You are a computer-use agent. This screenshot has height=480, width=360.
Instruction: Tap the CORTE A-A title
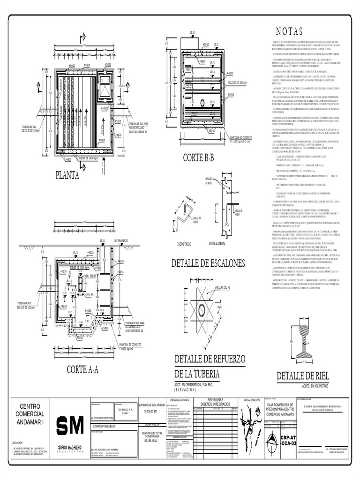coord(82,369)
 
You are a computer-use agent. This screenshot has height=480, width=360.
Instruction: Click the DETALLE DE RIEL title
coord(303,375)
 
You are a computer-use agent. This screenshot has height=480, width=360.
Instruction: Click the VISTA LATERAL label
coord(217,244)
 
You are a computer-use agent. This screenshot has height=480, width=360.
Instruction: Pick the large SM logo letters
coord(70,426)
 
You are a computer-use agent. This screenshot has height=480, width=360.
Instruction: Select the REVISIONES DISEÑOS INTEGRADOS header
coord(215,402)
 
